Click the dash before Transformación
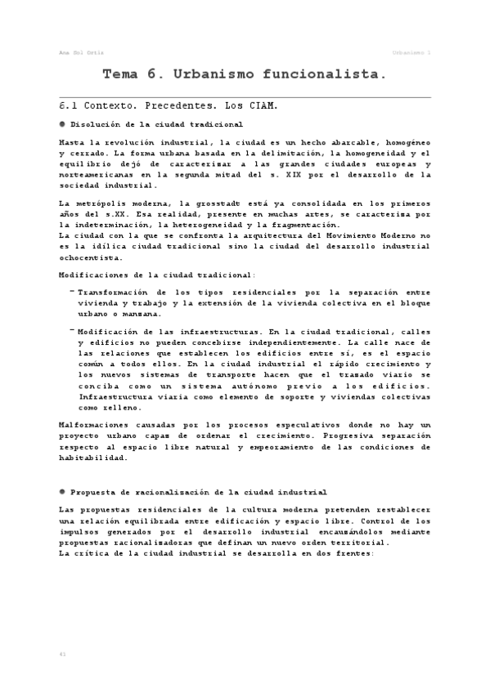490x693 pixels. click(72, 291)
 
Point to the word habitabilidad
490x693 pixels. click(94, 458)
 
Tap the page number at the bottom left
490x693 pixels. click(63, 655)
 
